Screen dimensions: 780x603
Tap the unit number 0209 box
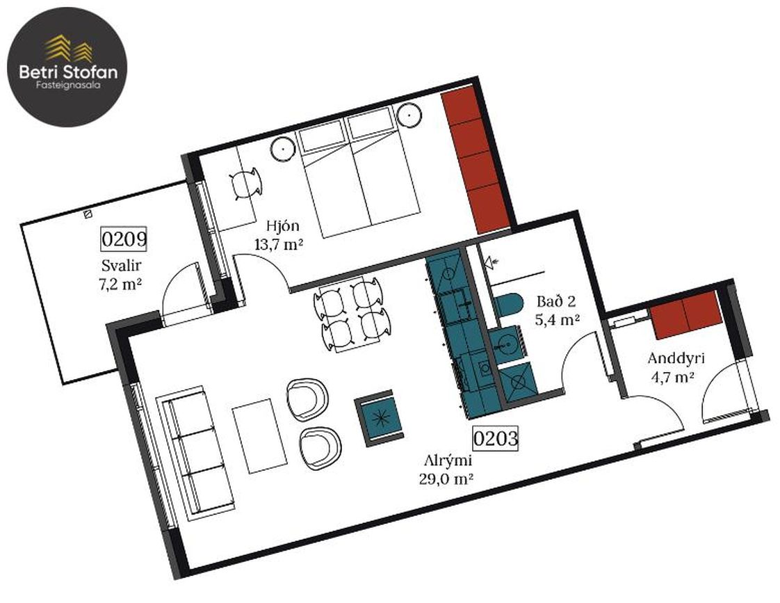coord(124,239)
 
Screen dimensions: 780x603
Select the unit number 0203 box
coord(496,438)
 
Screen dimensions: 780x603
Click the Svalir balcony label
coord(122,265)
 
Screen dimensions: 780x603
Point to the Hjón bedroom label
coord(282,226)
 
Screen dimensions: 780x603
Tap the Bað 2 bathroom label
coord(556,302)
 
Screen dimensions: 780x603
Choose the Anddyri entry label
coord(676,359)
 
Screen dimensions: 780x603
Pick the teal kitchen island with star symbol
coord(382,418)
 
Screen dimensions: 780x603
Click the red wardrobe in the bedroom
coord(476,160)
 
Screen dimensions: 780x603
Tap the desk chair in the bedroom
coord(245,184)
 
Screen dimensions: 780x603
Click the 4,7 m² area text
coord(672,377)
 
